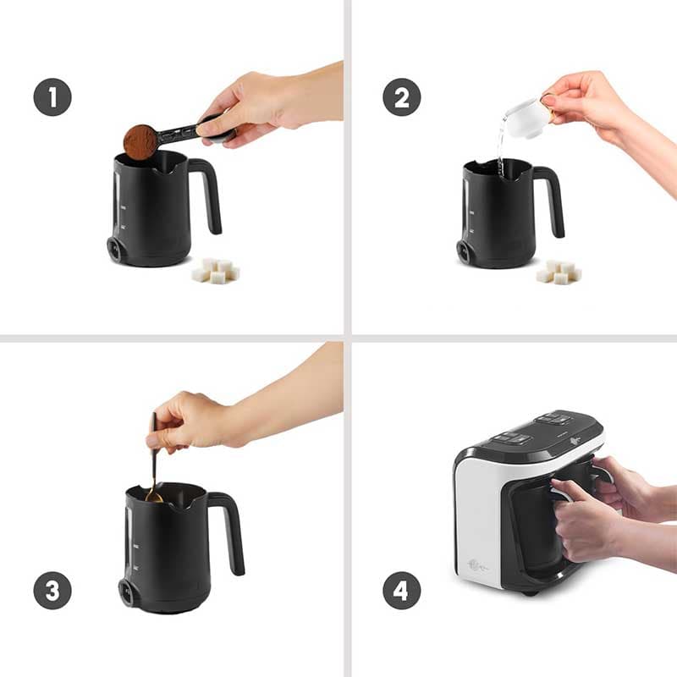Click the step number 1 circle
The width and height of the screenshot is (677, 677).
click(52, 97)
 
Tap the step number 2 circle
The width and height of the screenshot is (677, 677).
click(402, 97)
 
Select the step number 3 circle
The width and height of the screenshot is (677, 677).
click(52, 590)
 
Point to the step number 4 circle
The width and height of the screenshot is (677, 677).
click(402, 590)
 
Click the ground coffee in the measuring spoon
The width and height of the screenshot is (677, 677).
click(140, 141)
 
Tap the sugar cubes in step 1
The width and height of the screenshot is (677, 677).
click(216, 271)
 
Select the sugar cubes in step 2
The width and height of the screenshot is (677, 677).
click(559, 272)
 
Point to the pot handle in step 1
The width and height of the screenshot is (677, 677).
click(207, 195)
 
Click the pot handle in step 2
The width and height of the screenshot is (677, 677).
click(551, 201)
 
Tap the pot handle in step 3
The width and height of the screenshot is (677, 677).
click(228, 532)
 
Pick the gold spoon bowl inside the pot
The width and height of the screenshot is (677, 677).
click(154, 498)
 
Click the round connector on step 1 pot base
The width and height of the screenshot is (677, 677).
click(115, 249)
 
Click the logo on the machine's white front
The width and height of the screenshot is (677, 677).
click(477, 565)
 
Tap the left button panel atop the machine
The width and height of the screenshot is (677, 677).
click(512, 438)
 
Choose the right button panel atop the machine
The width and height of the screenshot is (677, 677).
click(553, 418)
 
